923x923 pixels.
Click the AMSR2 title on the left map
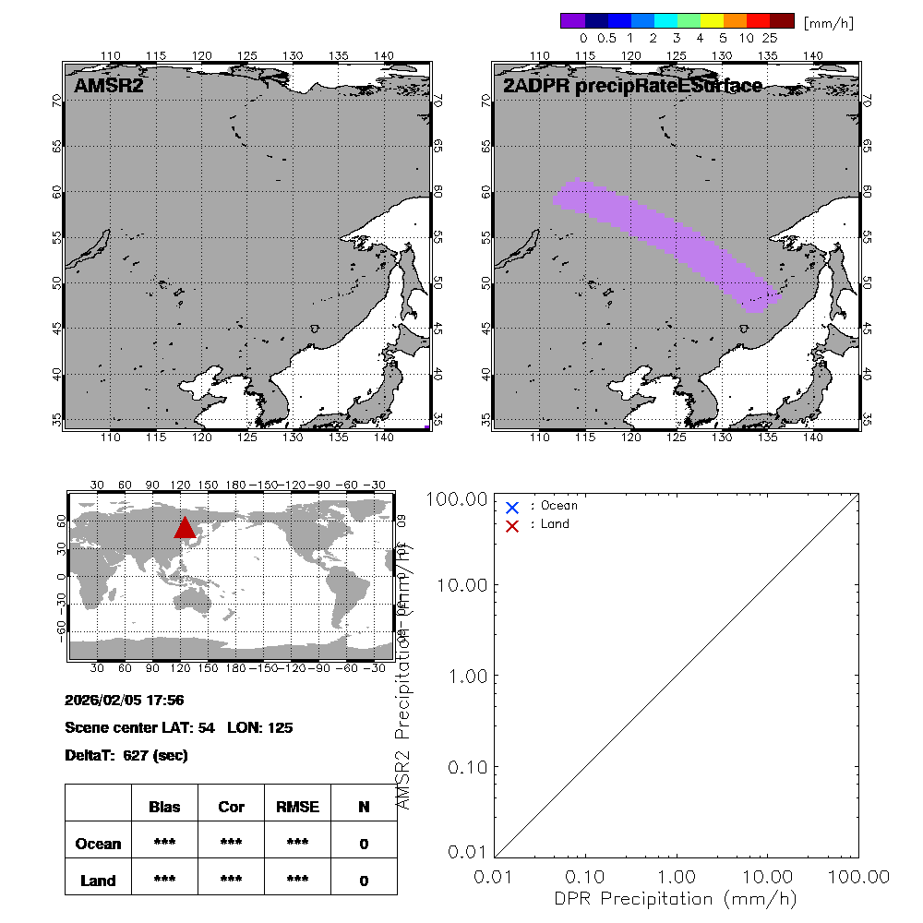[x=109, y=87]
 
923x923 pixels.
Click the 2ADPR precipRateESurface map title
[x=632, y=87]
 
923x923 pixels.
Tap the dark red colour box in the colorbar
[x=782, y=20]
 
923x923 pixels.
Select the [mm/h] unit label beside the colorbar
[x=828, y=22]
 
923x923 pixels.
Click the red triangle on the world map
[x=185, y=528]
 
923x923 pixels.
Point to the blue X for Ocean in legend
[x=512, y=507]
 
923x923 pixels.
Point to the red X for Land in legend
[x=512, y=525]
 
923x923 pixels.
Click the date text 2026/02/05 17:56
[x=124, y=699]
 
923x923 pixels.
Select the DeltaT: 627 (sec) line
[x=126, y=755]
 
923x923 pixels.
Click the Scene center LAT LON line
[x=179, y=727]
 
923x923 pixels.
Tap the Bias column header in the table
[x=164, y=807]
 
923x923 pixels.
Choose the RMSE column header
[x=297, y=807]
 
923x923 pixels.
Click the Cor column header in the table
[x=231, y=807]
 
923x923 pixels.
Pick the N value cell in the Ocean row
[x=364, y=844]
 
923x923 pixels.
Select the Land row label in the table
[x=98, y=881]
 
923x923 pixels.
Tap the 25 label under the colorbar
[x=770, y=39]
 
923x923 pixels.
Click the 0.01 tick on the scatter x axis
[x=495, y=876]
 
